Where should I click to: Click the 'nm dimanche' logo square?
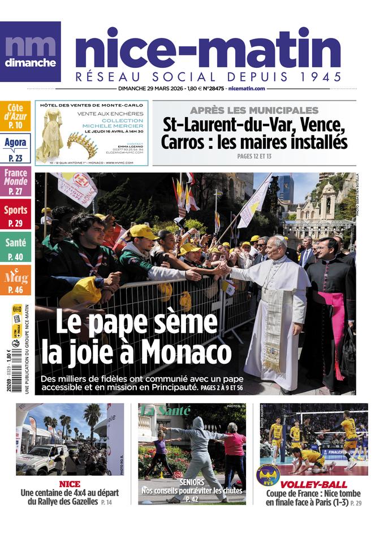point(30,51)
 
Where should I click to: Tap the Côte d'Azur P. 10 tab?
point(15,117)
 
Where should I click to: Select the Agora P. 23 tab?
point(15,148)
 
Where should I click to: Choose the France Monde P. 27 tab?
point(15,182)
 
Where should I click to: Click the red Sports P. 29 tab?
point(15,216)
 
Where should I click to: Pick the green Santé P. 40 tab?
point(15,248)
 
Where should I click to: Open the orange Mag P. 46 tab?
point(15,281)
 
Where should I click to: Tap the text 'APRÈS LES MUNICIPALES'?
point(254,110)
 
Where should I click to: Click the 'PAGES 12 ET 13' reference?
point(254,156)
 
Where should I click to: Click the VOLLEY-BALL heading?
point(313,485)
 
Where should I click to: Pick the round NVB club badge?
point(268,475)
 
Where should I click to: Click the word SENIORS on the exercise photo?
point(192,482)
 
